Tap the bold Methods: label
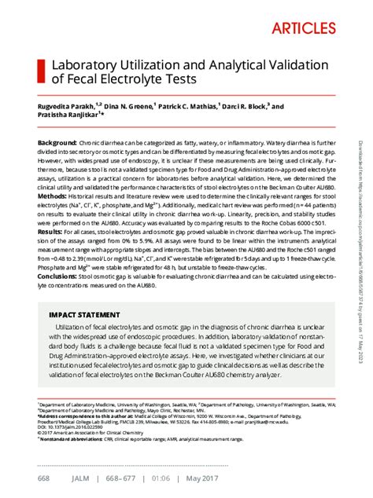pyautogui.click(x=54, y=195)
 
